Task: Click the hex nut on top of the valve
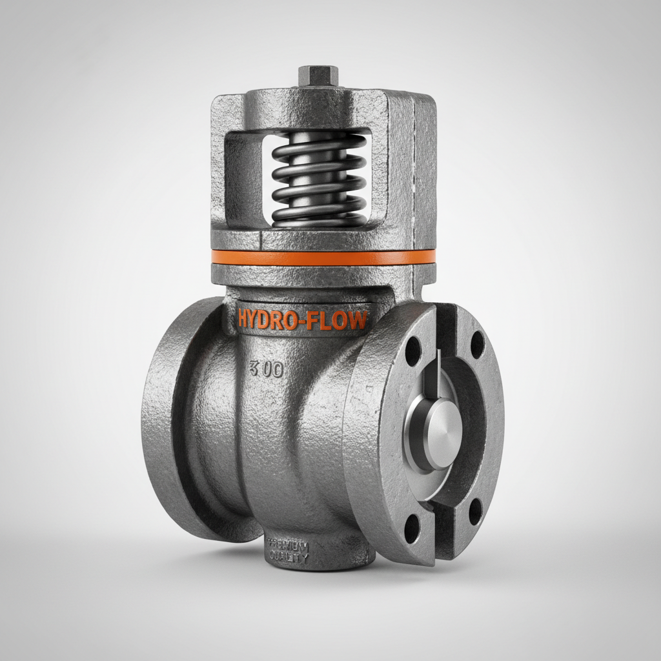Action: pos(316,76)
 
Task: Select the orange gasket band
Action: pos(323,257)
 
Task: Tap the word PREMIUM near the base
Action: pos(289,546)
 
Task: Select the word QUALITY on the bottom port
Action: pos(289,559)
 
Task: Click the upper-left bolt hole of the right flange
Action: pos(413,352)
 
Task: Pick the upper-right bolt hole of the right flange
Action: pos(477,344)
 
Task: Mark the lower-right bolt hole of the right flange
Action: pos(475,511)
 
